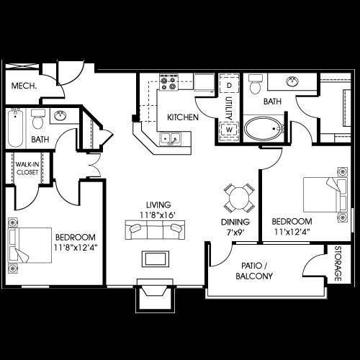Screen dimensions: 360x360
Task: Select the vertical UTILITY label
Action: tap(228, 109)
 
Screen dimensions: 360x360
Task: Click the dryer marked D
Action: tap(229, 86)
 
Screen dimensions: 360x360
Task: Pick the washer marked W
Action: tap(229, 130)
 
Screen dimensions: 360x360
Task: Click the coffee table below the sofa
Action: tap(154, 258)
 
